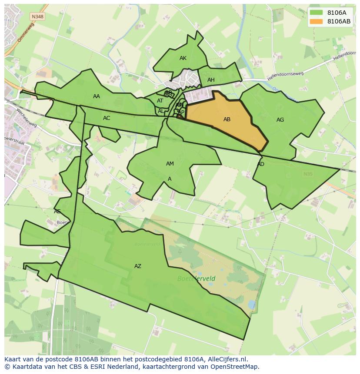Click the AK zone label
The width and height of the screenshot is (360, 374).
pos(183,58)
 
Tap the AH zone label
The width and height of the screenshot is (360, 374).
pos(211,80)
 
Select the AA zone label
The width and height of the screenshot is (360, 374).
pos(97,96)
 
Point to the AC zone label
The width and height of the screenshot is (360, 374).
pos(107,118)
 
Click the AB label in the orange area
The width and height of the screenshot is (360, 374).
pos(227,119)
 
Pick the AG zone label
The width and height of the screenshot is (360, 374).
pos(280,120)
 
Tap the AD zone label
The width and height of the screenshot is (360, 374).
pos(261,164)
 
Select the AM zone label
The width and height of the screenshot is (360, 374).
pos(170,164)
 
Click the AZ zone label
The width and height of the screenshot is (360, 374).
pos(138,266)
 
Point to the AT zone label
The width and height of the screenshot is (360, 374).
pos(160,101)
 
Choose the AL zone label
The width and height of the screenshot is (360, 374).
pos(161,111)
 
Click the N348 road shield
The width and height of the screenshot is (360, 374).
pos(37,17)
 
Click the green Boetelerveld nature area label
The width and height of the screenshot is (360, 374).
pos(196,278)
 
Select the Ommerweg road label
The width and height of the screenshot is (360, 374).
pos(26,32)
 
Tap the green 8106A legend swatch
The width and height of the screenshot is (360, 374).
pos(316,12)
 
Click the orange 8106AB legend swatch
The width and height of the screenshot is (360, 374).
pos(316,21)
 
